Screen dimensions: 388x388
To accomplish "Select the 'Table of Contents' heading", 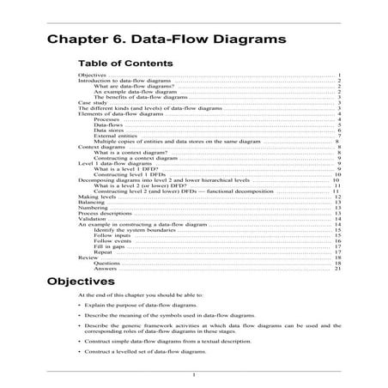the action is point(124,64).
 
